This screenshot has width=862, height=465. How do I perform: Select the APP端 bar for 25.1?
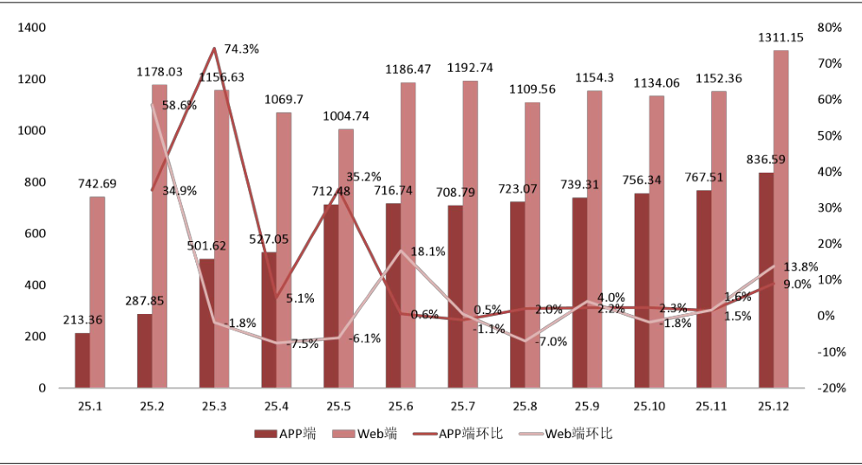(x=82, y=360)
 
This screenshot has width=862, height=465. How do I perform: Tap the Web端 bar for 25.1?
(x=97, y=292)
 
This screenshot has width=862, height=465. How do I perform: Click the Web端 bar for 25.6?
(x=408, y=235)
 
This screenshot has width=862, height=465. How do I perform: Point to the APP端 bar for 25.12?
(x=766, y=279)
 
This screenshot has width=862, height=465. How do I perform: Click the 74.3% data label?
(x=242, y=49)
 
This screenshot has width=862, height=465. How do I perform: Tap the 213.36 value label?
(x=82, y=320)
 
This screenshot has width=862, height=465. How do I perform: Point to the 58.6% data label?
(x=180, y=105)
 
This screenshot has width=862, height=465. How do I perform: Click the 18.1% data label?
(x=428, y=252)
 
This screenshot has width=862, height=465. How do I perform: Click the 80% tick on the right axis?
(x=830, y=28)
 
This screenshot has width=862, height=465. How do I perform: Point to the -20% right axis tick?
(x=830, y=388)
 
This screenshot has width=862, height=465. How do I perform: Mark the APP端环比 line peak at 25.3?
(x=214, y=48)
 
